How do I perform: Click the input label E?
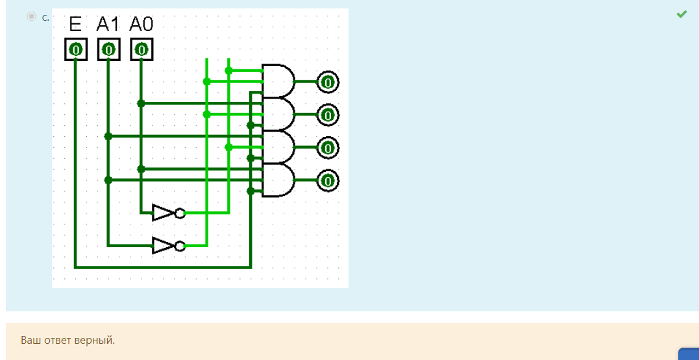coord(75,25)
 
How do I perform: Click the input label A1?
coord(108,25)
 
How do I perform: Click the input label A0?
coord(141,25)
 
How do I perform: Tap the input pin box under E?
coord(75,49)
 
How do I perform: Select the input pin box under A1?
coord(108,49)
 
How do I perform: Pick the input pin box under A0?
coord(141,49)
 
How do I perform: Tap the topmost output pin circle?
coord(328,82)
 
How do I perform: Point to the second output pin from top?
coord(328,115)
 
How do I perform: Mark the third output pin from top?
coord(328,148)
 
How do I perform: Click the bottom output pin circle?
coord(328,180)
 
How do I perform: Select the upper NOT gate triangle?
coord(163,212)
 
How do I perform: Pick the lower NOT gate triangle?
coord(163,245)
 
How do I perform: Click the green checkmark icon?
coord(681,14)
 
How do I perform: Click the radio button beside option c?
coord(31,16)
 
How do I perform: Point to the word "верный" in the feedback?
coord(97,340)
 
